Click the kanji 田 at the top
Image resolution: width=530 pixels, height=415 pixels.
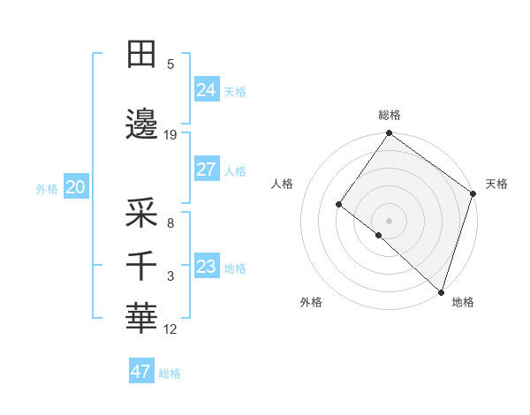point(141,55)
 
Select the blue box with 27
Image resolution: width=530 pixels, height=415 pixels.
point(207,170)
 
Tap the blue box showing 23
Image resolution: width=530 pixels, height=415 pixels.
point(207,267)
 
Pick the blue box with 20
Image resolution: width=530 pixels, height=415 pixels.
point(76,187)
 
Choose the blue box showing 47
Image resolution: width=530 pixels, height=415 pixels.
point(141,372)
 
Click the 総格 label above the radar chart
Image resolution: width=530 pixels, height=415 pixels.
point(390,115)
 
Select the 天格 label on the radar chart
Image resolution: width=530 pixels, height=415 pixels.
point(496,184)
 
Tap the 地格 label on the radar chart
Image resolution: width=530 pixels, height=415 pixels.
point(463,302)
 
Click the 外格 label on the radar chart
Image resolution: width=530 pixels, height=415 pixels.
point(311,302)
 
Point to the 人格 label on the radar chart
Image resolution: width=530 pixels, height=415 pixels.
point(283,184)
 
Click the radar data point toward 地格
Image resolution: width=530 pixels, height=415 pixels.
point(441,291)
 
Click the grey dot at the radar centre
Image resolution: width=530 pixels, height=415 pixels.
point(389,220)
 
